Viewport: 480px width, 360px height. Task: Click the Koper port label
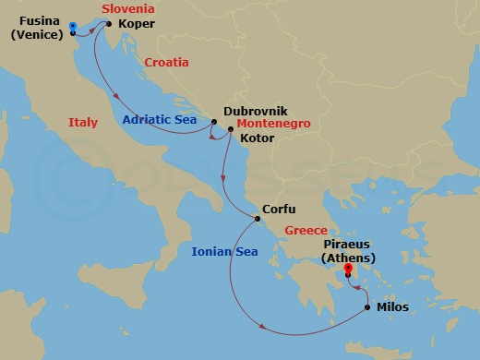pos(137,25)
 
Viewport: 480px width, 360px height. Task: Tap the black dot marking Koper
pos(110,25)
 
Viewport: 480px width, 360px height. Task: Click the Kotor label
pos(256,138)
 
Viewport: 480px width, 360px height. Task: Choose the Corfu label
pos(279,210)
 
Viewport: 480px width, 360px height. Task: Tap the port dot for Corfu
pos(258,219)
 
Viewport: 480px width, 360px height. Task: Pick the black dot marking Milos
pos(369,306)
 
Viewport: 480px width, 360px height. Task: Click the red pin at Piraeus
pos(347,271)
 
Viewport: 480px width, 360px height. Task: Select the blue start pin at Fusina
pos(72,26)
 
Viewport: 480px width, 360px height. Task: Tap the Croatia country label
pos(166,62)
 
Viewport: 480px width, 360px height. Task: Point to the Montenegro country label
pos(272,123)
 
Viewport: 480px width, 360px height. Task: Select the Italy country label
pos(83,123)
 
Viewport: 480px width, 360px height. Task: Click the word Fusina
pos(40,20)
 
